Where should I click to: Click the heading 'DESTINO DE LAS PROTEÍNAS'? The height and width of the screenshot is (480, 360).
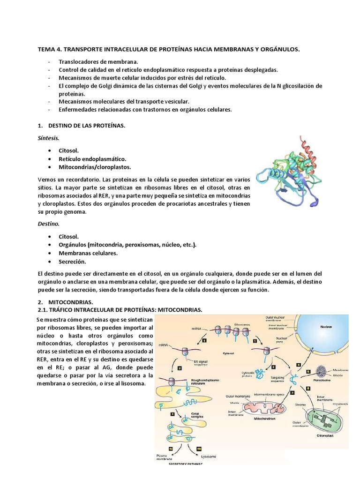[x=87, y=126]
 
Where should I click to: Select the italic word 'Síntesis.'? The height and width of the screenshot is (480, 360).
[x=49, y=138]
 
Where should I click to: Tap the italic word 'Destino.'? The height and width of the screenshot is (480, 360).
[x=48, y=224]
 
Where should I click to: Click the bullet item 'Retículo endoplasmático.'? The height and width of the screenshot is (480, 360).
[x=92, y=159]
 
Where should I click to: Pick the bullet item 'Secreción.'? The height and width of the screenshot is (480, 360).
[x=72, y=262]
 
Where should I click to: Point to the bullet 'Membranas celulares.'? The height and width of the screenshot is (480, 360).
[x=88, y=253]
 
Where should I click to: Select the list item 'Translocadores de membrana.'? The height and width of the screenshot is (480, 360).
[x=98, y=61]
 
